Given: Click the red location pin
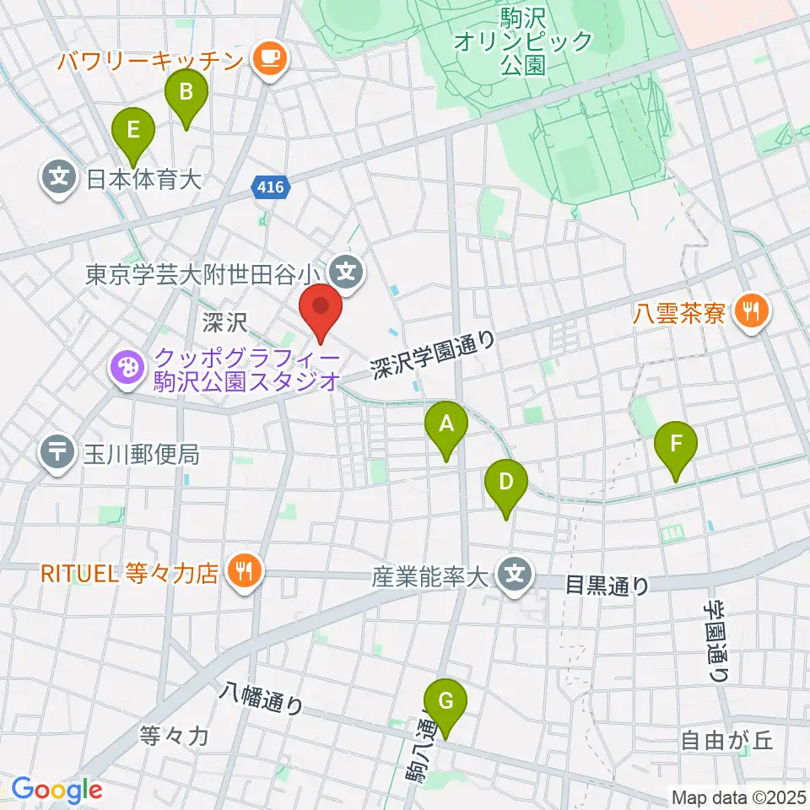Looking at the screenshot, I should pos(321,309).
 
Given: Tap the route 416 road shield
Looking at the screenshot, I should pos(271,187).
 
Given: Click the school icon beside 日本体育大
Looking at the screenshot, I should pos(58,179).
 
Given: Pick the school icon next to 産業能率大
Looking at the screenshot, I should pos(516,577).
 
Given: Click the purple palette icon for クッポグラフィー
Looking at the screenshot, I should pos(125,369).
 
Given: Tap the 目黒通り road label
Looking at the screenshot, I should pos(607,585).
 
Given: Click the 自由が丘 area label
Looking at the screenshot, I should pos(726,741).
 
